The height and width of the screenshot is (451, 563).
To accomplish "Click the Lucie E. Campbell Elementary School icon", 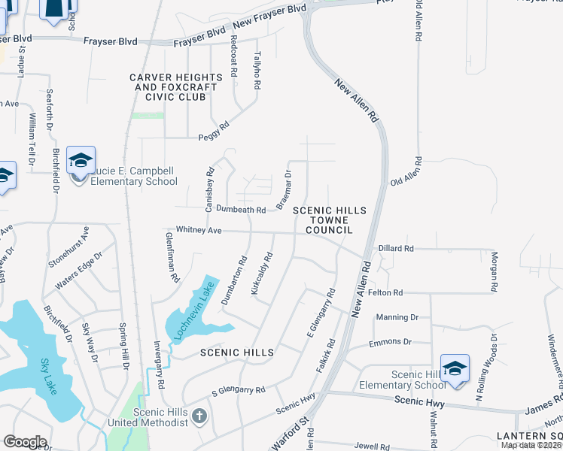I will click(x=81, y=162).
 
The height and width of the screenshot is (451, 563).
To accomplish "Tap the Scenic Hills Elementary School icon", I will click(x=455, y=368).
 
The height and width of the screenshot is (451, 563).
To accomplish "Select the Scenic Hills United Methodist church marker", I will click(x=199, y=416).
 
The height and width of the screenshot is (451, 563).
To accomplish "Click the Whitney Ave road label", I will click(x=198, y=230).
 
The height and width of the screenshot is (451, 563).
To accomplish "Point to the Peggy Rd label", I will click(x=213, y=127).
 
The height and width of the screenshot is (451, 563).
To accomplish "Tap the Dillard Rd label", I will click(x=396, y=248).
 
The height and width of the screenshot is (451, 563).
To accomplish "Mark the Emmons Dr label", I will click(x=391, y=342).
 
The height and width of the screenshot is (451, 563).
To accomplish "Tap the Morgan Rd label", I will click(x=495, y=272).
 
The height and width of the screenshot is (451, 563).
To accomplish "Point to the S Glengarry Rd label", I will click(x=239, y=391).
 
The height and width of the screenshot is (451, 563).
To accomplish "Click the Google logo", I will click(x=24, y=441).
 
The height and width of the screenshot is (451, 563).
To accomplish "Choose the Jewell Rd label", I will click(x=372, y=446).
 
